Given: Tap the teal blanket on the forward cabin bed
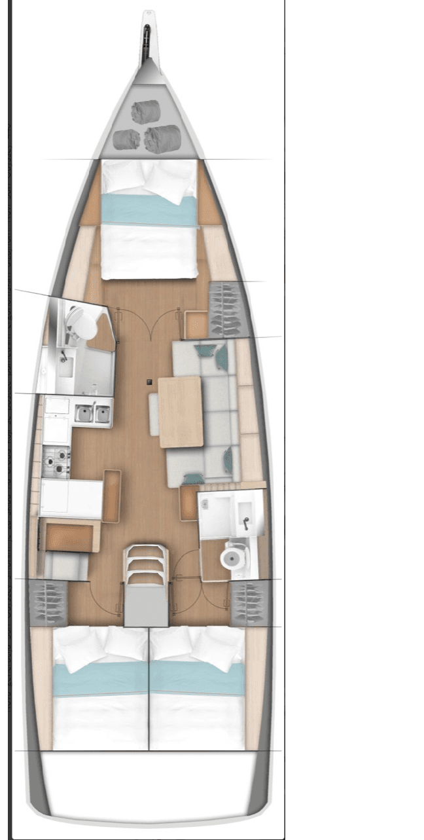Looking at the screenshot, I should (x=149, y=210).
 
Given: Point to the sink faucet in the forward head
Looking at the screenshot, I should (x=63, y=358).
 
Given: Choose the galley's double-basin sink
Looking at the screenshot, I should (x=92, y=414).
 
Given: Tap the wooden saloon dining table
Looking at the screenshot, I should (x=181, y=412).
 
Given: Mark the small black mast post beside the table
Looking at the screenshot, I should (x=150, y=382).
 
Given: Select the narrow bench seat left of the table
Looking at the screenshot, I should (x=154, y=413).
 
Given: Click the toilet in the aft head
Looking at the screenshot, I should (x=232, y=558).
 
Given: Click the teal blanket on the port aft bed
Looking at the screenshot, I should (x=101, y=678).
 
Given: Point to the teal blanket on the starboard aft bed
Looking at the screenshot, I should (x=198, y=678).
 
